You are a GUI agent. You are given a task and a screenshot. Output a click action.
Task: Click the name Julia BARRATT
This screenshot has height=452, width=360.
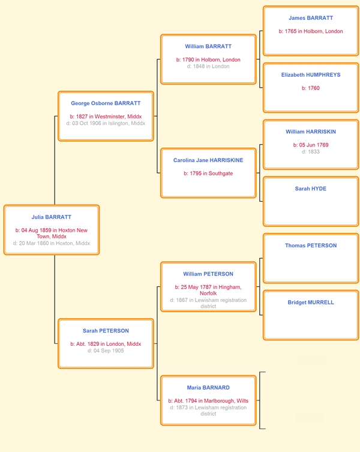tap(52, 217)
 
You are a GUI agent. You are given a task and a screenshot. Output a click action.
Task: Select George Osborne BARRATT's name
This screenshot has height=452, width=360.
tap(106, 103)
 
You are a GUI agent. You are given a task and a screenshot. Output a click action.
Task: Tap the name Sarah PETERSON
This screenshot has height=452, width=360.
tap(106, 331)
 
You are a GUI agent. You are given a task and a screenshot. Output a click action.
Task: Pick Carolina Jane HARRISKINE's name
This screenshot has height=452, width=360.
tap(208, 160)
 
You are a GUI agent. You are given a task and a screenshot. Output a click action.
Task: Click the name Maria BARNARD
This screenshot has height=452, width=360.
tap(208, 388)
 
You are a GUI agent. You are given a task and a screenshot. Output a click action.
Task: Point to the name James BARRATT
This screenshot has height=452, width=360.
tap(311, 18)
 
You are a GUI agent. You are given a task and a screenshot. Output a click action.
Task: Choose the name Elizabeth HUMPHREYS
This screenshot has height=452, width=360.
tap(311, 75)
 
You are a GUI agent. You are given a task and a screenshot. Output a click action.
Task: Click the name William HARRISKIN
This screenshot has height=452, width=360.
tap(311, 131)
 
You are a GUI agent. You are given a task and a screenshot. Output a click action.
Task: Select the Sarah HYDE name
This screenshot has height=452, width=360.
tap(311, 188)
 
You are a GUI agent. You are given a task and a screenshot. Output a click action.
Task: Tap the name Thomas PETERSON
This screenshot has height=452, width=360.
tap(311, 246)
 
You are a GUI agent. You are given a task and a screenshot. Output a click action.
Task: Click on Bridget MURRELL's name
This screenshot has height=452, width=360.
tap(311, 303)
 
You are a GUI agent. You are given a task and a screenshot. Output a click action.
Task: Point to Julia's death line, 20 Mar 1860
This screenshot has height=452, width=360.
tap(52, 243)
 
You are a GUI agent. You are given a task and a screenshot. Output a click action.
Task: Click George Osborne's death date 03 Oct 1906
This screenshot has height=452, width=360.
tap(106, 124)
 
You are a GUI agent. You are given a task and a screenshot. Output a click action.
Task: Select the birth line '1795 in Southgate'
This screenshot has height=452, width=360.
tap(208, 173)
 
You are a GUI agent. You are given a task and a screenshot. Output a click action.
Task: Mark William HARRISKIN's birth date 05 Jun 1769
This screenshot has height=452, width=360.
tap(311, 145)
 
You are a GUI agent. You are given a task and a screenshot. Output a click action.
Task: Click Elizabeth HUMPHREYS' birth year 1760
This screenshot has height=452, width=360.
tap(311, 88)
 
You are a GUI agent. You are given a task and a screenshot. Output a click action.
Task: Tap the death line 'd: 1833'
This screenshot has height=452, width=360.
tap(311, 152)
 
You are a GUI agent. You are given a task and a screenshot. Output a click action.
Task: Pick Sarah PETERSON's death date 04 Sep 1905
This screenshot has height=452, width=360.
tap(106, 351)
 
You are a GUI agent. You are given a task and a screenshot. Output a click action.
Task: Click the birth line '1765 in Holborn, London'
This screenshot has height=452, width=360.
tap(311, 31)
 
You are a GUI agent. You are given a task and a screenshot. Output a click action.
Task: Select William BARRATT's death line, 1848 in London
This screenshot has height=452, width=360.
tap(208, 66)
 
